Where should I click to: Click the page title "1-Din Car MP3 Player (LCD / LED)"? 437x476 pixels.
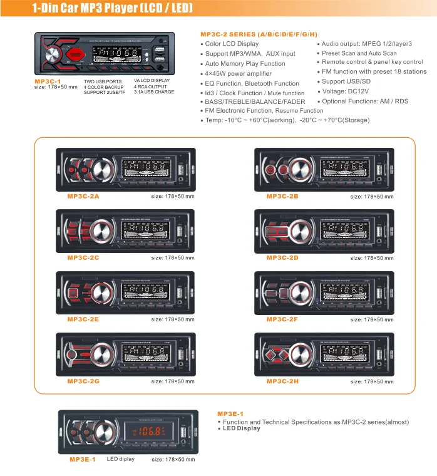113,9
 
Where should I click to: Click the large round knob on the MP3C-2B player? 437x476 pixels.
298,169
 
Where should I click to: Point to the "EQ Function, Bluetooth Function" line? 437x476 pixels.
252,83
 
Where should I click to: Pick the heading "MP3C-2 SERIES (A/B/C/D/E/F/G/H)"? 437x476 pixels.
259,34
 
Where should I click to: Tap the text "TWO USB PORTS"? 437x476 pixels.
103,82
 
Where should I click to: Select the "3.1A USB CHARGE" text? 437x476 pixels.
154,91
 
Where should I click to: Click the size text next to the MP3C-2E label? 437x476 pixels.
173,319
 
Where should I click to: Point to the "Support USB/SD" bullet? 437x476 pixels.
346,81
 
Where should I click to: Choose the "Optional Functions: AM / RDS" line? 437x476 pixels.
365,101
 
